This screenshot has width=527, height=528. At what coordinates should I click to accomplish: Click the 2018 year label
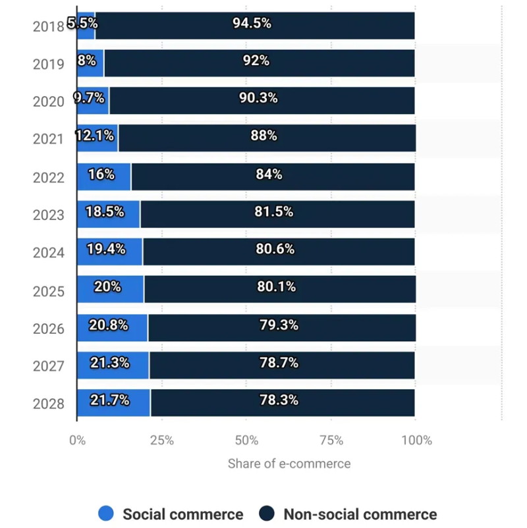(48, 26)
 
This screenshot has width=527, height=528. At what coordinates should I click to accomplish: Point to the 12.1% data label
(95, 136)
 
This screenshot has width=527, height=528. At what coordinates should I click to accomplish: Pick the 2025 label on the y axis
(48, 290)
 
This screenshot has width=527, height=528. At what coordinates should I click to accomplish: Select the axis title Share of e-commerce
(289, 463)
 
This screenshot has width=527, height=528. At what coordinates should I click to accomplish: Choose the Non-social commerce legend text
(360, 514)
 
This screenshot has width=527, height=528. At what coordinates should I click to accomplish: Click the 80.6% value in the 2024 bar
(275, 250)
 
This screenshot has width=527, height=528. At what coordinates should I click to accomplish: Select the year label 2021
(48, 140)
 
